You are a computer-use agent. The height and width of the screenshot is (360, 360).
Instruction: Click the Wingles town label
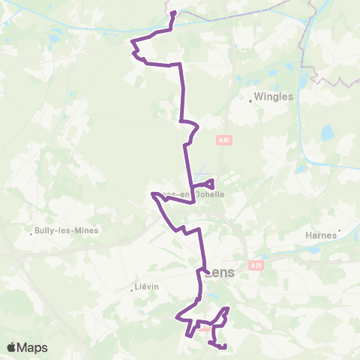pyautogui.click(x=275, y=97)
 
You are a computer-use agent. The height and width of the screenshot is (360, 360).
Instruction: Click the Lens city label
pyautogui.click(x=220, y=273)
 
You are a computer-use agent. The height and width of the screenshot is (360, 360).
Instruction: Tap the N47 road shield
pyautogui.click(x=222, y=139)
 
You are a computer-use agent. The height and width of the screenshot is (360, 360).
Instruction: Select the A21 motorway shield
pyautogui.click(x=257, y=265)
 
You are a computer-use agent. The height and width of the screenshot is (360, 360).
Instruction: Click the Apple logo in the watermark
pyautogui.click(x=11, y=347)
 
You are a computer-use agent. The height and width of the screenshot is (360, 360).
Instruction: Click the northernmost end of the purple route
pyautogui.click(x=173, y=13)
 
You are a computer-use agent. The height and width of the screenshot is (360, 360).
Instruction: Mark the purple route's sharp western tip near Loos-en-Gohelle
pyautogui.click(x=153, y=194)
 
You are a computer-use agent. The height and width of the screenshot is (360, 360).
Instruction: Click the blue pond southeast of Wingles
pyautogui.click(x=327, y=133)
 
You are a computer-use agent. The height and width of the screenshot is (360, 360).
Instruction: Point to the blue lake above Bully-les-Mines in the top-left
pyautogui.click(x=54, y=38)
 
